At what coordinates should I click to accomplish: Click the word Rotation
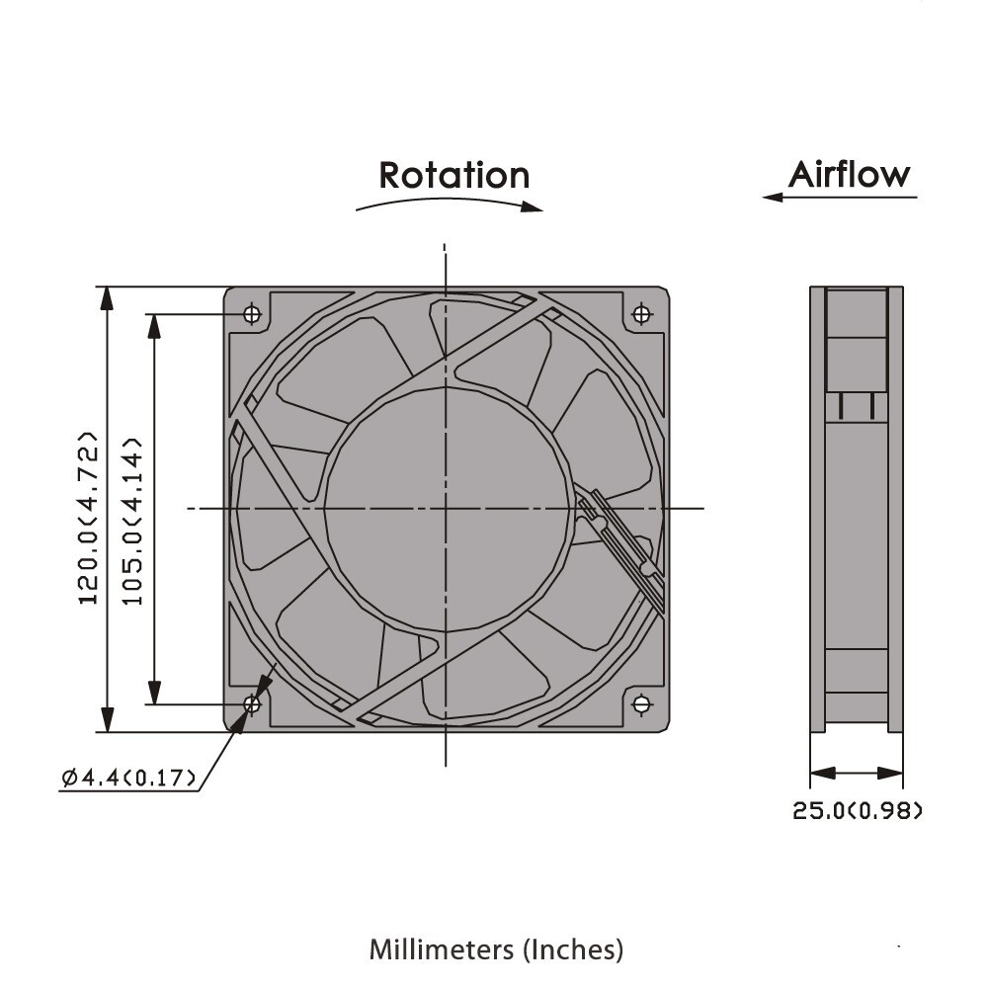454,175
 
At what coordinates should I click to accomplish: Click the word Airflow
850,175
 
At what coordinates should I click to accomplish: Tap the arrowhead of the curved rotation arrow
535,207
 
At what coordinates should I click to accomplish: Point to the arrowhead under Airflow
772,198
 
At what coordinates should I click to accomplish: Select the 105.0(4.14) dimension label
133,521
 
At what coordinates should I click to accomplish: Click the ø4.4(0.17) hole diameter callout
128,778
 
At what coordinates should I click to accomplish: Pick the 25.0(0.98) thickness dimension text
858,812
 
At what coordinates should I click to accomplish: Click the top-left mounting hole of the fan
252,314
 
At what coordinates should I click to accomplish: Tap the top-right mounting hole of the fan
641,314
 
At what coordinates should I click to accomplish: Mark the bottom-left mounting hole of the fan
252,704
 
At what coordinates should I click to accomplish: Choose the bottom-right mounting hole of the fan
641,704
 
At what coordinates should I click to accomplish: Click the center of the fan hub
446,508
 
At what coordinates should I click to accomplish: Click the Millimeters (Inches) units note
496,949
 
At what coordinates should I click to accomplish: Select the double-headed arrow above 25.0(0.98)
856,773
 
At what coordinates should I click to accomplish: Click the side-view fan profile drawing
856,509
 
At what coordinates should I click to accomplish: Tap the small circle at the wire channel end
647,569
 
